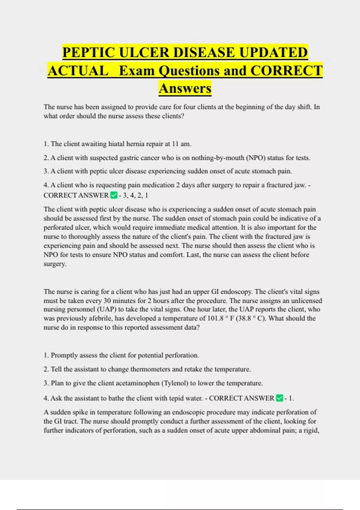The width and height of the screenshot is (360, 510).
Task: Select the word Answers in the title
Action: [185, 88]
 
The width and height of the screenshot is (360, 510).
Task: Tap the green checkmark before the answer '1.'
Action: [279, 398]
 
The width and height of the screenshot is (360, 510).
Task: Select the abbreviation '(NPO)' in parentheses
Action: [256, 158]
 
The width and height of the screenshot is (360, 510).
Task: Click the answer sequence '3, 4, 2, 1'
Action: [135, 196]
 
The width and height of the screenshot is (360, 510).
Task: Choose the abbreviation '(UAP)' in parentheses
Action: [106, 309]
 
